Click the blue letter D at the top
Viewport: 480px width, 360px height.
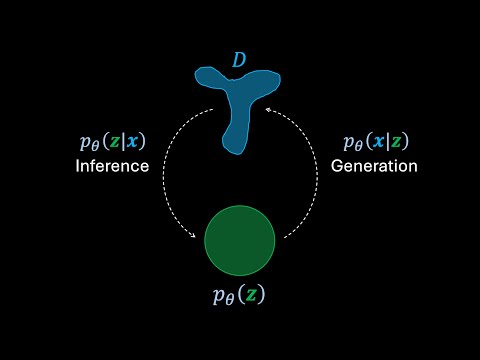239,61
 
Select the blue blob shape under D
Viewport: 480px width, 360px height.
238,99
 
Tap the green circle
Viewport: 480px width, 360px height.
240,241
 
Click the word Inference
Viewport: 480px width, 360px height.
112,166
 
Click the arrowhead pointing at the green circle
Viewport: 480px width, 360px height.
195,237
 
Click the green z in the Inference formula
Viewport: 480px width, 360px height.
116,142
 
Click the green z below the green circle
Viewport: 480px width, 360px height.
253,296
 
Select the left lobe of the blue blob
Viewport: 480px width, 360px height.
208,77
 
